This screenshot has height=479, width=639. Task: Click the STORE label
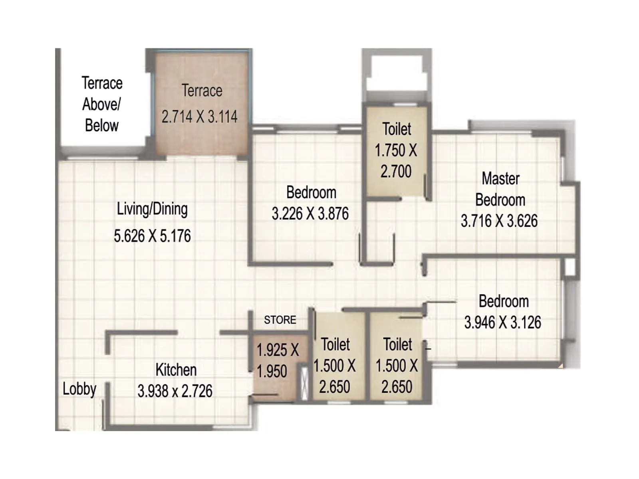pos(280,320)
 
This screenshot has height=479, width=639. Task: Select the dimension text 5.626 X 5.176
pos(152,236)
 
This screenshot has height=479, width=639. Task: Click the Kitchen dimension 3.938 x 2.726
pos(175,391)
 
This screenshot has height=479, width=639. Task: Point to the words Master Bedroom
pos(500,189)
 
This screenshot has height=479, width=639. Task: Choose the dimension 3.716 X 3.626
pos(499,221)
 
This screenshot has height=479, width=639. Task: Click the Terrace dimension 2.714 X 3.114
pos(199,117)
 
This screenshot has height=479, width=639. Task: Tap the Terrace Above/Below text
pos(102,104)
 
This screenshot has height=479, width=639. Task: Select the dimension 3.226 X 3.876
pos(310,214)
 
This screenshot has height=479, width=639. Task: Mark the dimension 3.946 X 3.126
pos(502,322)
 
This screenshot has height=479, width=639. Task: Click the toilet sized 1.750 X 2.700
pos(396,150)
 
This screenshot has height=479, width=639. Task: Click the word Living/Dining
pos(152,209)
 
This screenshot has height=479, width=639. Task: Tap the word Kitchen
pos(176,370)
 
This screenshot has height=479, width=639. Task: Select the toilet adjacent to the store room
pos(335,365)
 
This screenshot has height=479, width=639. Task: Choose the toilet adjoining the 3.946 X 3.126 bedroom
pos(397,365)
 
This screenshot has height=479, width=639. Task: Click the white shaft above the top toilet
pos(397,76)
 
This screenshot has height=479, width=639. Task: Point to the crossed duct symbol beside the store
pos(304,382)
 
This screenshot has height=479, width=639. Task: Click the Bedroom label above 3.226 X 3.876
pos(311,192)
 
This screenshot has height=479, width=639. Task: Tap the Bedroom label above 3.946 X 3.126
pos(504,301)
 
